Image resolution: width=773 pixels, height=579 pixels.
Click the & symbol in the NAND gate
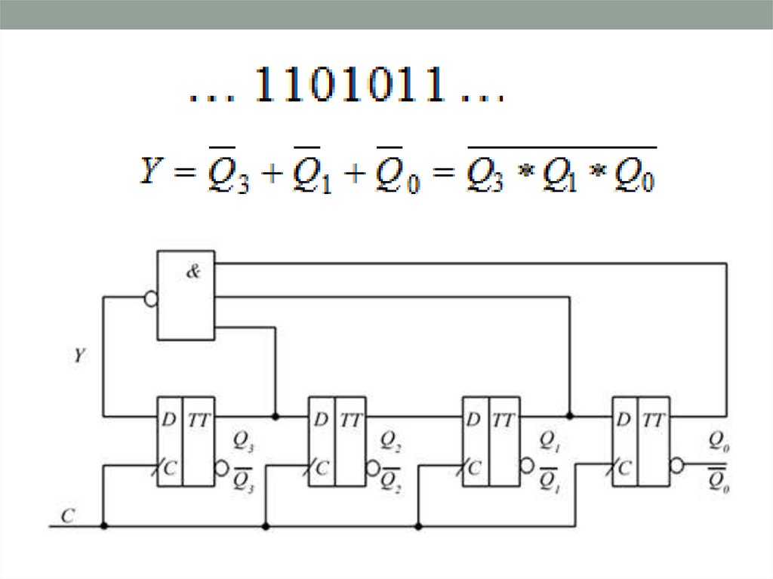click(x=193, y=273)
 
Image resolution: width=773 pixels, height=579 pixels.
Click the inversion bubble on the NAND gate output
click(x=150, y=299)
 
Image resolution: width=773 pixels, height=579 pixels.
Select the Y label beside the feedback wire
click(x=79, y=355)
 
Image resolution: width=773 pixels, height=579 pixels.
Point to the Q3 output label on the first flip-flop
click(x=243, y=442)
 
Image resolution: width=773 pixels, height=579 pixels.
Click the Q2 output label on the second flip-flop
click(x=390, y=442)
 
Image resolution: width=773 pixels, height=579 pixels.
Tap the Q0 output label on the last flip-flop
click(x=718, y=441)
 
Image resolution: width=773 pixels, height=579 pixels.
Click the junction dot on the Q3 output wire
click(x=275, y=416)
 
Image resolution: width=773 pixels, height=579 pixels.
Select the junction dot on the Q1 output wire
click(x=570, y=416)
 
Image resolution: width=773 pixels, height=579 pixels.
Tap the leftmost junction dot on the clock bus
click(x=104, y=525)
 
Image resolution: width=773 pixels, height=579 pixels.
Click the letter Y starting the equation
click(x=149, y=173)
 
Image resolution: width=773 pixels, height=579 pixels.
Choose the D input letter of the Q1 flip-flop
click(x=473, y=420)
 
